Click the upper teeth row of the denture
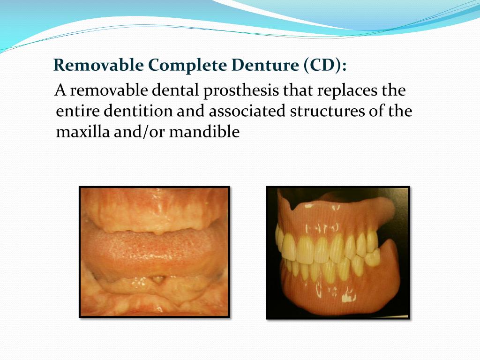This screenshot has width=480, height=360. tap(323, 246)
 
